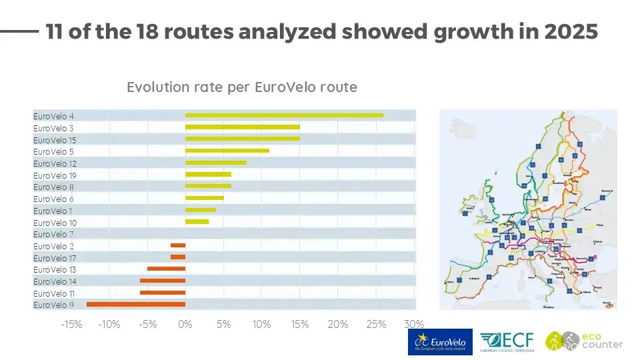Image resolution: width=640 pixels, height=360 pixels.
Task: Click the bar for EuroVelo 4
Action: (284, 115)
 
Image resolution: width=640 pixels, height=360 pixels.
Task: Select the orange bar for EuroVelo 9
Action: (136, 304)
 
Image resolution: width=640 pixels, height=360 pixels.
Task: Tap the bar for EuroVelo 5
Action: (227, 151)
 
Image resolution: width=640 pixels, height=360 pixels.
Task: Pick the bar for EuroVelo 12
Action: (216, 163)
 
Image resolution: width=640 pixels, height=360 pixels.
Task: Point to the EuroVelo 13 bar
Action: (166, 269)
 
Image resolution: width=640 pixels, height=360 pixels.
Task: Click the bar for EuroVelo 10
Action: (197, 221)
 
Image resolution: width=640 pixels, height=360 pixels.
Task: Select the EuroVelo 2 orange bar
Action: (178, 245)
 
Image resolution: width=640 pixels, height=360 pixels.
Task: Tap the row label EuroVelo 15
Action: (55, 139)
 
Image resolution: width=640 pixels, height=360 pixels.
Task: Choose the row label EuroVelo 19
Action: (55, 175)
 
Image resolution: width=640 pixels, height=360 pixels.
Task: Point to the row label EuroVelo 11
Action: (55, 293)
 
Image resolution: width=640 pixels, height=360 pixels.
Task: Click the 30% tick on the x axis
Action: (415, 325)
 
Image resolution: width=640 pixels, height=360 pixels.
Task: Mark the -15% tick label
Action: (71, 325)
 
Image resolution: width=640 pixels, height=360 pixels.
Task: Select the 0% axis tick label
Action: (185, 325)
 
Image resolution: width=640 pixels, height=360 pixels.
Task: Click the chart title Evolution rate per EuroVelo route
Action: (242, 87)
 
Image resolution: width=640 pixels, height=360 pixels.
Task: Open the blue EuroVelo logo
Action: (440, 341)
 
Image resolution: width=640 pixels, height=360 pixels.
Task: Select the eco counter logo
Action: (584, 341)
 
